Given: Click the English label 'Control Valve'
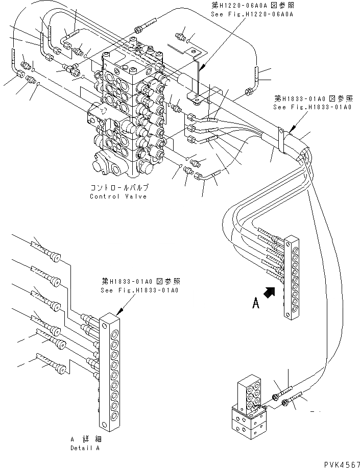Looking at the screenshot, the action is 118,196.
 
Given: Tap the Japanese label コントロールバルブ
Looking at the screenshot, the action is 119,188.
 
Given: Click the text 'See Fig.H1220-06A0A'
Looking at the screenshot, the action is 252,14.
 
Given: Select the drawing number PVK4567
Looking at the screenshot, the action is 342,464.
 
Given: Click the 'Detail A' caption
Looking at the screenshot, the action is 85,448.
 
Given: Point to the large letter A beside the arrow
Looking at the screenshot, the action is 256,303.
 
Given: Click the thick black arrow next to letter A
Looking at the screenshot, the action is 270,292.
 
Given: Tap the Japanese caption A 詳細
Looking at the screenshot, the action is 86,439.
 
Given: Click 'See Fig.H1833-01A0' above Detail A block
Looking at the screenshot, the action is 139,290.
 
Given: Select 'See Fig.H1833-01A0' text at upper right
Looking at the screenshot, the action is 312,107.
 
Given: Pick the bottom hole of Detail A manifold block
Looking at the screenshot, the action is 104,425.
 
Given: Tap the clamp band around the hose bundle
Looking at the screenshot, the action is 281,140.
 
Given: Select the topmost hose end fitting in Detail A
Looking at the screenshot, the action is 54,257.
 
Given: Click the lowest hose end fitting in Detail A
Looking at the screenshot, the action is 61,369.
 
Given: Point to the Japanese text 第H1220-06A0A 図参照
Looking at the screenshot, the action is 252,5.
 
